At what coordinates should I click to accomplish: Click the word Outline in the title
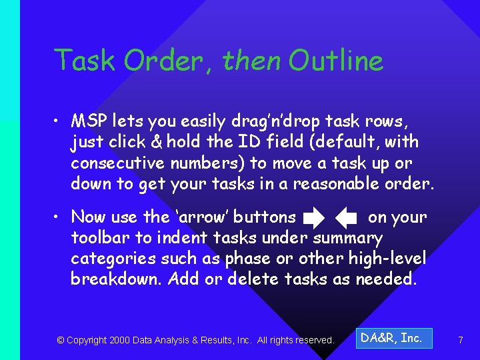(336, 61)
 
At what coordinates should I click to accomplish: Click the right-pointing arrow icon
(313, 217)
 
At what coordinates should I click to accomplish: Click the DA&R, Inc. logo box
(393, 339)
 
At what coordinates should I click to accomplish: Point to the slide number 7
(460, 340)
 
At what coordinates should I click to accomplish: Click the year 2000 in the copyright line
(119, 340)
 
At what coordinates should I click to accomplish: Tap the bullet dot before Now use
(59, 217)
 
